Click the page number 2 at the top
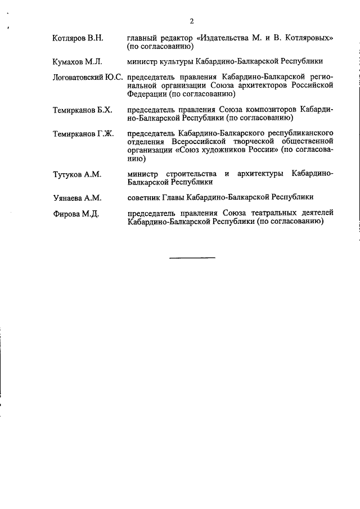point(191,21)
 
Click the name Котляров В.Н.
point(77,38)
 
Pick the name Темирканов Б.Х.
point(82,110)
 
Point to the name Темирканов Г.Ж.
point(82,134)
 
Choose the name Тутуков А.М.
point(76,174)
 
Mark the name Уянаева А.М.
point(77,197)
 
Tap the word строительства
point(187,174)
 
